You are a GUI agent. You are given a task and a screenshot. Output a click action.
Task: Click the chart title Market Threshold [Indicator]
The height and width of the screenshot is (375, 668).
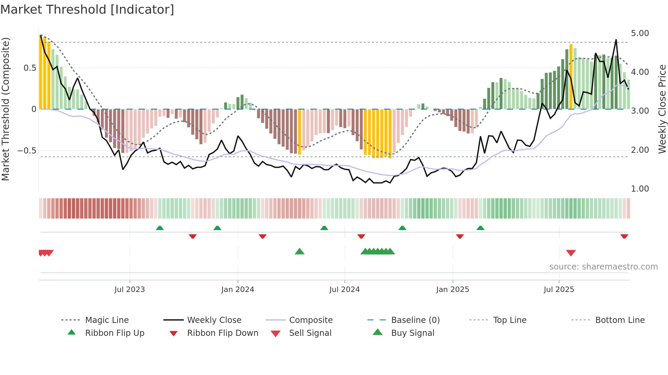87,10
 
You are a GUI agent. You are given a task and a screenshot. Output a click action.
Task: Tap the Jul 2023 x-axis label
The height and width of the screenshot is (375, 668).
130,290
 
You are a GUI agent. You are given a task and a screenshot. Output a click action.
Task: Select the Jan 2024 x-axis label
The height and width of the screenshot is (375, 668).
238,290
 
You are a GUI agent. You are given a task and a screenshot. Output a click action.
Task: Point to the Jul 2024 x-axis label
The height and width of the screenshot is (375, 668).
345,290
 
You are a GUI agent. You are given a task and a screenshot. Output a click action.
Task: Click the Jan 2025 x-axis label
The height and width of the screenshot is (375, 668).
453,290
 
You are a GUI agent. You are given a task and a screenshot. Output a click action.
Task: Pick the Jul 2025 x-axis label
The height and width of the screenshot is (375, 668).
559,290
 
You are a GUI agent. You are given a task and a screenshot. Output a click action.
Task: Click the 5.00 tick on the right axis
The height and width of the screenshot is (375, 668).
640,33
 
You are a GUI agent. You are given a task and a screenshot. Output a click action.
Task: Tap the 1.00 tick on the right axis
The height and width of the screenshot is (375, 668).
640,189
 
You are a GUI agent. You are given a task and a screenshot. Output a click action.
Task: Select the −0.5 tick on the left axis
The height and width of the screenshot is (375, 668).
27,150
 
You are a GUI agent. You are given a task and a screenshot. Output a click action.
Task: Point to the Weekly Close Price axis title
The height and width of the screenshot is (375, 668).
662,109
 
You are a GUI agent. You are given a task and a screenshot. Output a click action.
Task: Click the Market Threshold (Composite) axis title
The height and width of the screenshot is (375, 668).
5,109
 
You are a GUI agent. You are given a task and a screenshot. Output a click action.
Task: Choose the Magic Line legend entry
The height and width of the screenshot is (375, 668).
107,320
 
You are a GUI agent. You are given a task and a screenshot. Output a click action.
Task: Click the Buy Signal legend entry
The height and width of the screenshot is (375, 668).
412,333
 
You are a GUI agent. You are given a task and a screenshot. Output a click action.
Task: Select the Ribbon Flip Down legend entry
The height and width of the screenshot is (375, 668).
223,333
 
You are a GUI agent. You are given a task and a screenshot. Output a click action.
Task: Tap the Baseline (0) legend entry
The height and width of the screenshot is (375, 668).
415,320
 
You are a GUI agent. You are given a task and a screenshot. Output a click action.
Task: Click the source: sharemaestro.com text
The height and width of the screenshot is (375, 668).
603,267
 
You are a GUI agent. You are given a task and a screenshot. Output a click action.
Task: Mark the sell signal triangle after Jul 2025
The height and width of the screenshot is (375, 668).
571,253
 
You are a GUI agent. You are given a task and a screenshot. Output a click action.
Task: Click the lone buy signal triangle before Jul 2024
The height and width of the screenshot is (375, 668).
299,251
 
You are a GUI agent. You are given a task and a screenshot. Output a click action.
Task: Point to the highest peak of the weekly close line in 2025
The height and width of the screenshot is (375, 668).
616,40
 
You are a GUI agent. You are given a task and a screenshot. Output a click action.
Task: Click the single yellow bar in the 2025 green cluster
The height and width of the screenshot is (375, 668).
571,77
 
